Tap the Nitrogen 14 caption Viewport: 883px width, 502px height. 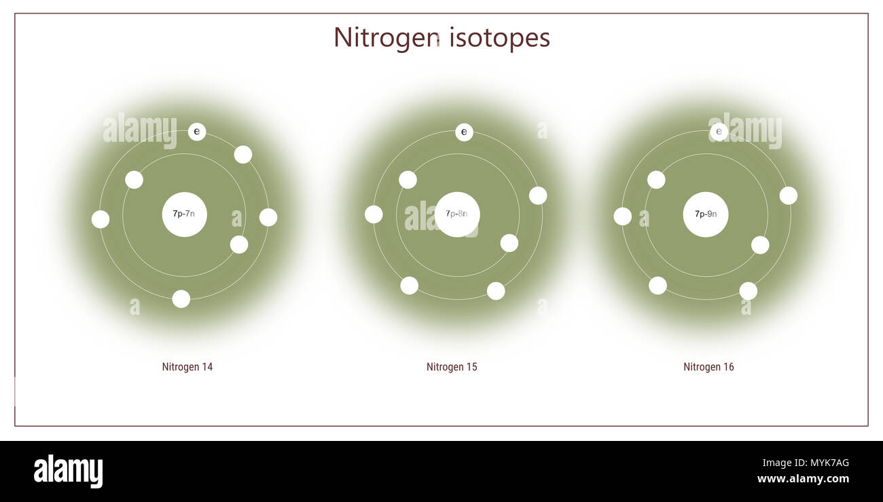click(x=187, y=367)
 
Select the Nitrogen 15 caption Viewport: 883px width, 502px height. click(x=452, y=367)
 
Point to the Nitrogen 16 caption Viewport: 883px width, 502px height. click(x=708, y=367)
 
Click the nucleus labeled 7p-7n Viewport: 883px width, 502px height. click(x=184, y=214)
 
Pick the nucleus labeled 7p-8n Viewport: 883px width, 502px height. click(x=457, y=214)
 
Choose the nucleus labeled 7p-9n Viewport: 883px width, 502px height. click(x=706, y=214)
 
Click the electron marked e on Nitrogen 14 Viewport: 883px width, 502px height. click(x=197, y=132)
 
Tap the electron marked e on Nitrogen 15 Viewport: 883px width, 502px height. click(x=464, y=132)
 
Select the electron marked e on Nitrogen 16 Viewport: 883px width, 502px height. click(x=719, y=132)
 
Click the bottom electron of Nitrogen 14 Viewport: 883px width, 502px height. click(x=181, y=299)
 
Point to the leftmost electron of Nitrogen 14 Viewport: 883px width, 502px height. click(x=101, y=219)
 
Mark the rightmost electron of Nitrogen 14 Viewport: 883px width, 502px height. click(x=268, y=217)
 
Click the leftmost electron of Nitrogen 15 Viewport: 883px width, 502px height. click(x=374, y=214)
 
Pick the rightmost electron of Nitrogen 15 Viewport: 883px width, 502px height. click(x=538, y=195)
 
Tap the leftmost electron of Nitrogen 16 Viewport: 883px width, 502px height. click(x=622, y=216)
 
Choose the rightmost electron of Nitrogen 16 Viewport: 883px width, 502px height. click(x=788, y=195)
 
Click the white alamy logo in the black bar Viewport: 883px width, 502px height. click(x=68, y=471)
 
